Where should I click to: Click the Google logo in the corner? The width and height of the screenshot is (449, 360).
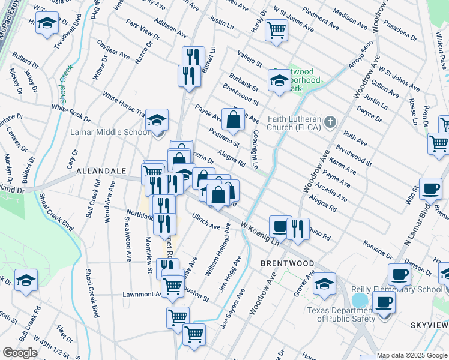click(20, 353)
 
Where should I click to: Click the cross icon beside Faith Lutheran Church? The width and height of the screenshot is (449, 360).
click(329, 123)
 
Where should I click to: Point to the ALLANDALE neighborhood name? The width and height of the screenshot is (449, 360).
click(99, 172)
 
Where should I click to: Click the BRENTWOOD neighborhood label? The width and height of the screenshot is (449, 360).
click(287, 263)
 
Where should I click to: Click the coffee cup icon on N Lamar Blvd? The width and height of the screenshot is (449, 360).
click(430, 188)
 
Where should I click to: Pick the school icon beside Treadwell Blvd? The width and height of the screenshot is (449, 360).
click(46, 24)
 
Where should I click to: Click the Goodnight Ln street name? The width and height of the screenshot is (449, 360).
click(256, 150)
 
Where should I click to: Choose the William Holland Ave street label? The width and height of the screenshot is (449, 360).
click(217, 250)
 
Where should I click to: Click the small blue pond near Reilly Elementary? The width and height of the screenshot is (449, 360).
click(359, 299)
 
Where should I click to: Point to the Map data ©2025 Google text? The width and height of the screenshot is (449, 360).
click(412, 355)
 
